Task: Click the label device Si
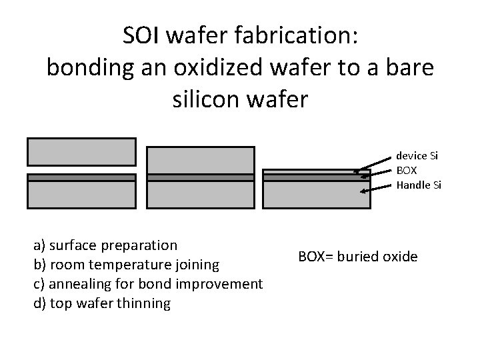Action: point(417,155)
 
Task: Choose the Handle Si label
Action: point(419,185)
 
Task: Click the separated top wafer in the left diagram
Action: point(81,151)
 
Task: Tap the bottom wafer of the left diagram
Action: point(81,195)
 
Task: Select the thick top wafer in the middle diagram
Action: point(201,160)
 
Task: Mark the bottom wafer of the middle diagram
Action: point(201,195)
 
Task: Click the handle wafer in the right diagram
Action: point(317,195)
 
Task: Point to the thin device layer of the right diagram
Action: point(317,171)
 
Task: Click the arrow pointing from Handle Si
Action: point(377,189)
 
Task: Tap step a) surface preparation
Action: point(105,245)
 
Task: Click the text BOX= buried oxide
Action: point(358,255)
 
